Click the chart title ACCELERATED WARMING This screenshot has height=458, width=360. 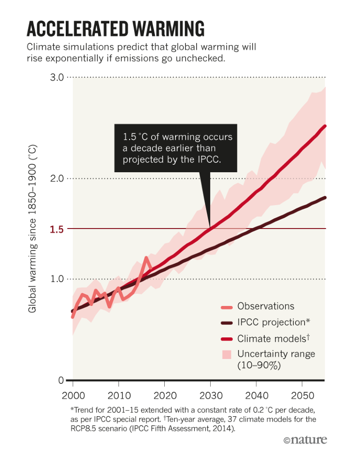[x=115, y=29]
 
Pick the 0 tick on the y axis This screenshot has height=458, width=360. [x=61, y=380]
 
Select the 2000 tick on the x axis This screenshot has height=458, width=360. [x=73, y=393]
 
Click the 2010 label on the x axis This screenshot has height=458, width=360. [x=119, y=393]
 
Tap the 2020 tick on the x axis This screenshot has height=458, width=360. [x=165, y=393]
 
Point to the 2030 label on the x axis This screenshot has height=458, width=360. [x=211, y=393]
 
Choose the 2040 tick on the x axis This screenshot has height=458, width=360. [x=257, y=393]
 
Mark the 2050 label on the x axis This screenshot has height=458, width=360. [x=303, y=393]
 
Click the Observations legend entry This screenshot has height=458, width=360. [x=265, y=306]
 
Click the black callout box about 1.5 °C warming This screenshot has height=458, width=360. [x=176, y=148]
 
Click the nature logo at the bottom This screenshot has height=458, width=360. [x=305, y=440]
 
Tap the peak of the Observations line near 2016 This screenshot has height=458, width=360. [x=146, y=258]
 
